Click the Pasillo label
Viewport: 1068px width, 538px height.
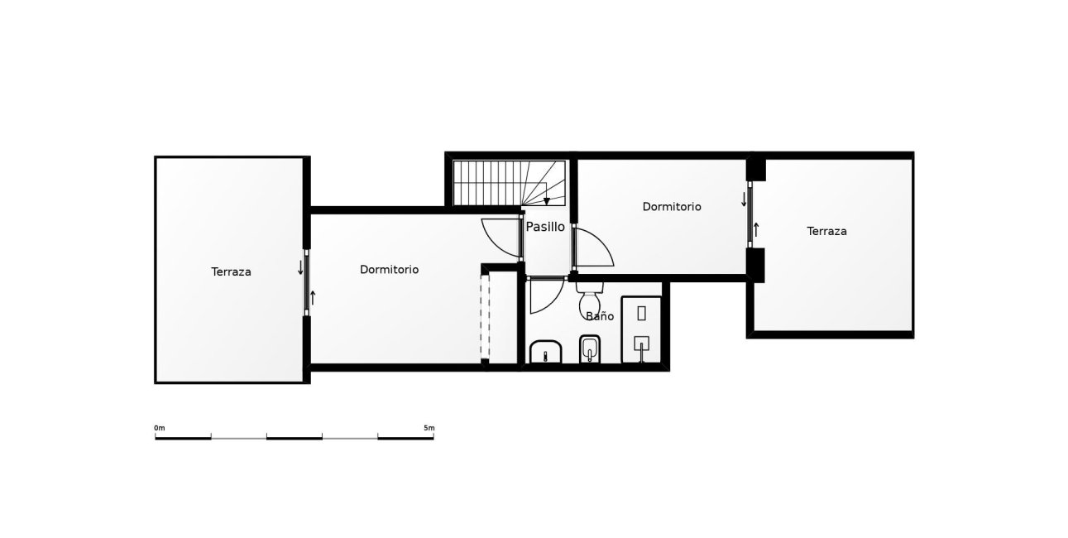(x=545, y=226)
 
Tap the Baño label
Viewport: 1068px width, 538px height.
(x=600, y=316)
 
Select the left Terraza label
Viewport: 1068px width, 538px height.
(x=231, y=271)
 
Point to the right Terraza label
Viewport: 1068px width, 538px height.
(x=826, y=232)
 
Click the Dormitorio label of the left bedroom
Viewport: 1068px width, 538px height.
(x=389, y=270)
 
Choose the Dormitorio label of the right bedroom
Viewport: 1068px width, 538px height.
(x=672, y=207)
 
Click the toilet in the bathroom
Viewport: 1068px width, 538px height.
(x=590, y=295)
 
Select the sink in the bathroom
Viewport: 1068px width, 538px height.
(x=545, y=352)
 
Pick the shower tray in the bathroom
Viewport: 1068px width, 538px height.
(x=641, y=329)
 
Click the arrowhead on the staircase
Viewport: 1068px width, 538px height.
(x=547, y=201)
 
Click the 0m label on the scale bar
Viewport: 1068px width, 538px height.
(x=160, y=428)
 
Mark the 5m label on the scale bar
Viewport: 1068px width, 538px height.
(x=429, y=428)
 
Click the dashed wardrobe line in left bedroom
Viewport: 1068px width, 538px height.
(x=486, y=316)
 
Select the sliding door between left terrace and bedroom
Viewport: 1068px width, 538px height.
(x=306, y=281)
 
